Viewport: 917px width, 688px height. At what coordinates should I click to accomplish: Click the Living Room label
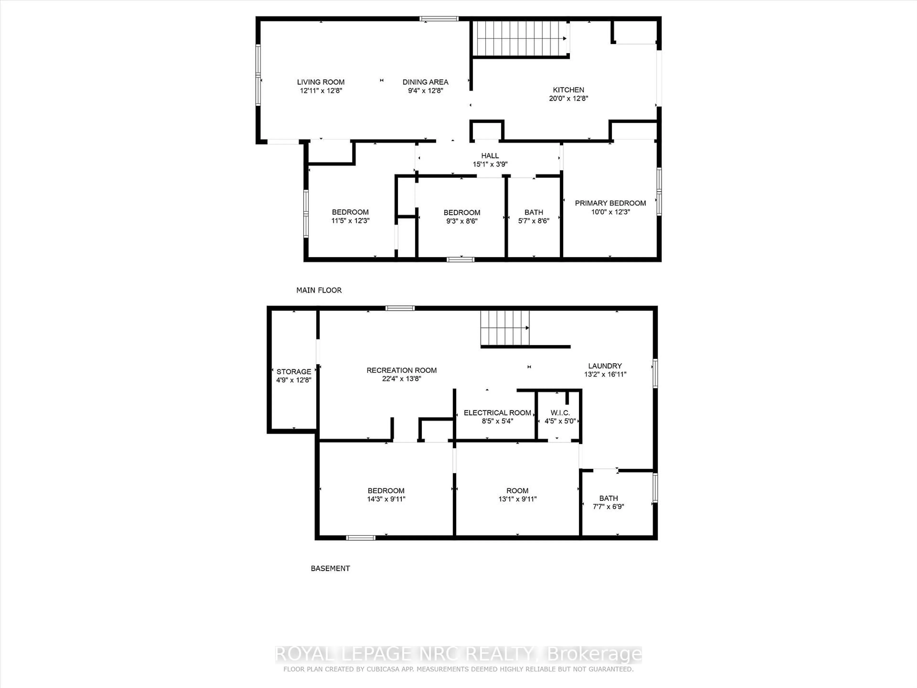coord(320,82)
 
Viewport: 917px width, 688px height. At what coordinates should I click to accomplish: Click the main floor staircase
coord(521,38)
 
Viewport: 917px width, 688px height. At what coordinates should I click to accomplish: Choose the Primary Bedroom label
coord(610,203)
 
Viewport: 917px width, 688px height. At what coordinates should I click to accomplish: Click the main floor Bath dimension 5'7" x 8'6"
coord(533,221)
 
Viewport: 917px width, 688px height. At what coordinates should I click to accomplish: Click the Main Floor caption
coord(319,290)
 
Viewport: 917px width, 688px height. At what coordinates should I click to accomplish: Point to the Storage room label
coord(293,371)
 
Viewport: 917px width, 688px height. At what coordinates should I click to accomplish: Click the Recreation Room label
coord(401,370)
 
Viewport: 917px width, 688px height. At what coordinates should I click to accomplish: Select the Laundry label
coord(605,366)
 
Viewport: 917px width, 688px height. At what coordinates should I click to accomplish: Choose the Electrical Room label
coord(497,413)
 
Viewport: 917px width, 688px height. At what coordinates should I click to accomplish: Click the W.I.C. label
coord(560,413)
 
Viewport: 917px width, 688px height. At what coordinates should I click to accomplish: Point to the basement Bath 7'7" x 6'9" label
coord(608,502)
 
